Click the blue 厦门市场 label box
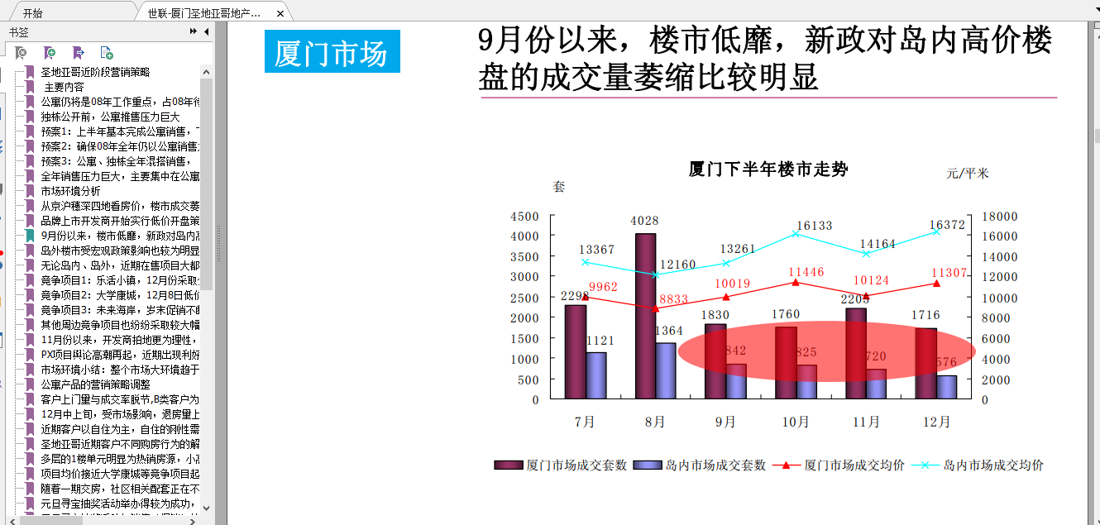(x=332, y=52)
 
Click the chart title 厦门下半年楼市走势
(x=768, y=169)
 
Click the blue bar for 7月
(x=596, y=376)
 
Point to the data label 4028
(x=644, y=221)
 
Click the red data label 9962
(x=603, y=287)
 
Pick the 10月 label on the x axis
(x=796, y=422)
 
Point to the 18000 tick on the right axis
(x=1000, y=217)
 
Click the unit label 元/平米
(x=968, y=174)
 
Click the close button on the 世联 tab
(x=280, y=14)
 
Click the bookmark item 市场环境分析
(x=71, y=191)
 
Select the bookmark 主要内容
(x=64, y=87)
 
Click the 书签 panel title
(x=19, y=32)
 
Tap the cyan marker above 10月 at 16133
(x=796, y=234)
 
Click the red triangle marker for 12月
(x=936, y=283)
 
